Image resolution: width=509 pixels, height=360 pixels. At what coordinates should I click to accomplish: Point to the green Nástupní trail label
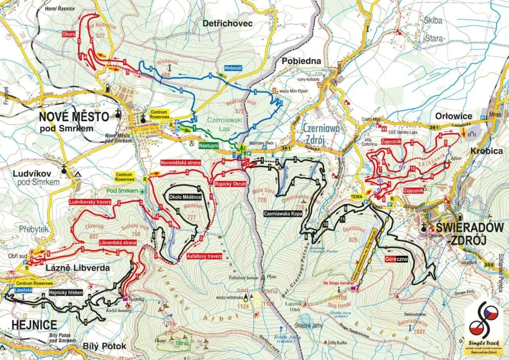209,147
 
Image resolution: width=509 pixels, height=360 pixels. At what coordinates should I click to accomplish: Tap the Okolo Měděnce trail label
185,197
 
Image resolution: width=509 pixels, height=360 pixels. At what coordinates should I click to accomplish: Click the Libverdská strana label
117,242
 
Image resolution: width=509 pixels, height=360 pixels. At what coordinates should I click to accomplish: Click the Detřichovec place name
228,23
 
